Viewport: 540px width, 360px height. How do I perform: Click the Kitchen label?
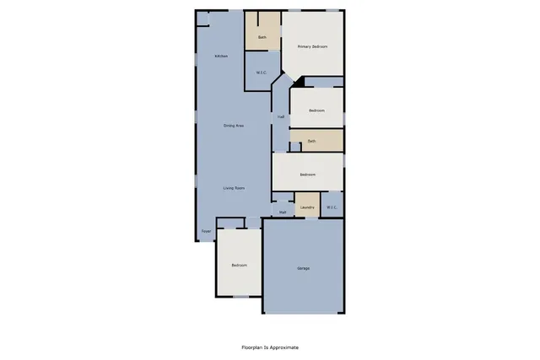point(221,56)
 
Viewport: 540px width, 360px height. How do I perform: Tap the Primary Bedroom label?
point(312,46)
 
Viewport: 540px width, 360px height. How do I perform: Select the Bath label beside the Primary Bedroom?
point(262,38)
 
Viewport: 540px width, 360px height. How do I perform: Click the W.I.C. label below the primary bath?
point(262,73)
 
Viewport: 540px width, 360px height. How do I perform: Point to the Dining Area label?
point(234,126)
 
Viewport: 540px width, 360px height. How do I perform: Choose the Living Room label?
point(234,187)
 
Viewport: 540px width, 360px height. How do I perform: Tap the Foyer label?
point(206,231)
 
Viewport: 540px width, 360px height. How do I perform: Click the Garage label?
point(303,268)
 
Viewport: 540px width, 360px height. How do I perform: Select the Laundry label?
point(307,207)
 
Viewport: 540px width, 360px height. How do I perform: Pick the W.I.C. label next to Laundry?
point(332,207)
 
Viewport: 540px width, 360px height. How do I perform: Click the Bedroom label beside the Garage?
point(240,265)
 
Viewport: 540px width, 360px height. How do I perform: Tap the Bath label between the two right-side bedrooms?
point(311,141)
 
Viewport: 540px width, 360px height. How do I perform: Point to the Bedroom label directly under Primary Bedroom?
point(316,110)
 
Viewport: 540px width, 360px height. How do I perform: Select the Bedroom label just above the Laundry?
point(307,175)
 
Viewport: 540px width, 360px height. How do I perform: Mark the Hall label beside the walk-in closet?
point(280,117)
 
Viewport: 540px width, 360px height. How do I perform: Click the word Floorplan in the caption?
point(251,347)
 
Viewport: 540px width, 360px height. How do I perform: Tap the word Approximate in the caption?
point(284,347)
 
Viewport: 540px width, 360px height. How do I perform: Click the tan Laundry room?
point(307,200)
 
